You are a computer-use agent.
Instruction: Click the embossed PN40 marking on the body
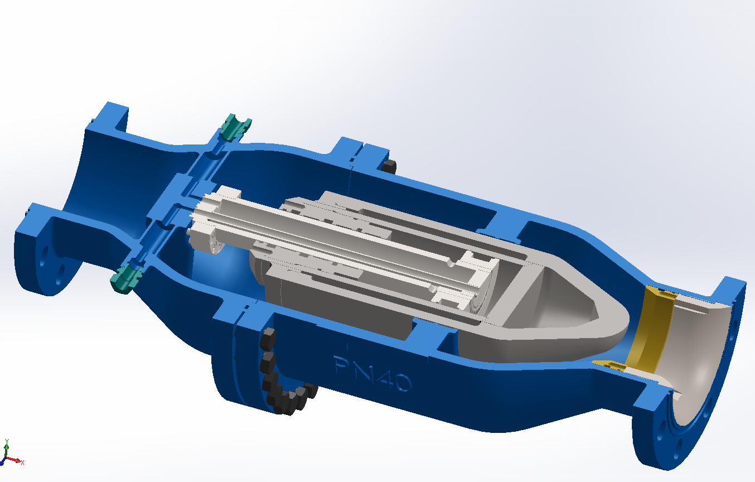(372, 373)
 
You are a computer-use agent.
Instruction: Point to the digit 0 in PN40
(401, 383)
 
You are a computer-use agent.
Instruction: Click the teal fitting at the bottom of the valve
(124, 278)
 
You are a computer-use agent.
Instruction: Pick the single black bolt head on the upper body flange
(389, 166)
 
